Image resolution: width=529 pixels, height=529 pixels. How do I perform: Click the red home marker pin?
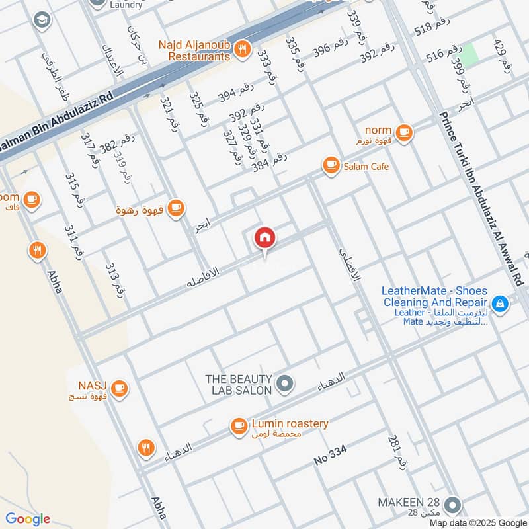pyautogui.click(x=265, y=237)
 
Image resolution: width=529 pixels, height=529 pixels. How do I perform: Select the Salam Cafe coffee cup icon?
pyautogui.click(x=330, y=165)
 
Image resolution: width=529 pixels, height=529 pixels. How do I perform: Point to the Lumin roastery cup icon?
pyautogui.click(x=238, y=427)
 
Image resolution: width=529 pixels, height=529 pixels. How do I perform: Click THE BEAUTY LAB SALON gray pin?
pyautogui.click(x=285, y=383)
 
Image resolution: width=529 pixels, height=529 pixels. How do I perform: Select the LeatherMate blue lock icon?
pyautogui.click(x=501, y=304)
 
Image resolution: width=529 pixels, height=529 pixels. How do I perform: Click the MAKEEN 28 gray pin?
pyautogui.click(x=452, y=505)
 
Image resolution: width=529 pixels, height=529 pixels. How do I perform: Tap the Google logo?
pyautogui.click(x=28, y=519)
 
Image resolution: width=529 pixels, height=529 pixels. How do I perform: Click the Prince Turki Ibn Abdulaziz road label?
pyautogui.click(x=481, y=198)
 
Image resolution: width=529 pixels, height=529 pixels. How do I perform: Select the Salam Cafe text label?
pyautogui.click(x=366, y=166)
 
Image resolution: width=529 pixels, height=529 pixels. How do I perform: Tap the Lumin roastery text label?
pyautogui.click(x=290, y=423)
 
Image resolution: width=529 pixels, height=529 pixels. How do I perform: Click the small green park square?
pyautogui.click(x=468, y=54)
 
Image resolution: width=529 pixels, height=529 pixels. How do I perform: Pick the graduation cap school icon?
pyautogui.click(x=42, y=20)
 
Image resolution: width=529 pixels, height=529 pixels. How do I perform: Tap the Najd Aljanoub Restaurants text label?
pyautogui.click(x=196, y=50)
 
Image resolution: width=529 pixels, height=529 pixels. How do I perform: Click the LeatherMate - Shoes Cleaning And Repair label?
pyautogui.click(x=435, y=296)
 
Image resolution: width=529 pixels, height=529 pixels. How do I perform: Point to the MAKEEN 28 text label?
pyautogui.click(x=408, y=503)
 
